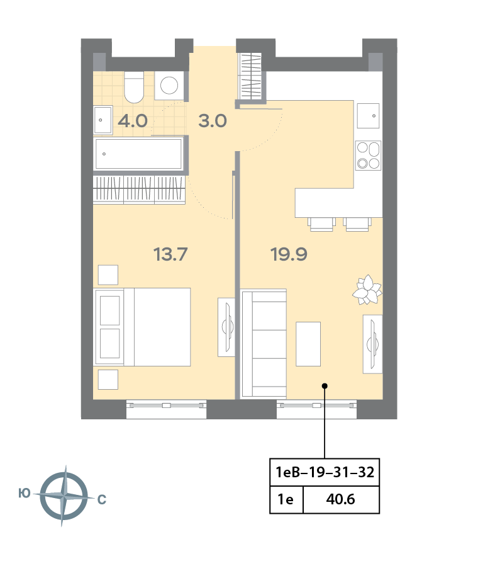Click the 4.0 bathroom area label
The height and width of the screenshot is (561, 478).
pyautogui.click(x=133, y=121)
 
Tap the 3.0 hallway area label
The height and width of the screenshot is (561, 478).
pyautogui.click(x=213, y=121)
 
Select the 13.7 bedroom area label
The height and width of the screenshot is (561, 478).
pyautogui.click(x=170, y=254)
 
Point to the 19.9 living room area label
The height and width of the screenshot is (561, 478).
pyautogui.click(x=289, y=254)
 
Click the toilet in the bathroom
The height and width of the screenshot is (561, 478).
pyautogui.click(x=134, y=87)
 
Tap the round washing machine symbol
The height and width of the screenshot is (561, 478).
pyautogui.click(x=169, y=86)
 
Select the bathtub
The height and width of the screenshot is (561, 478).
pyautogui.click(x=139, y=154)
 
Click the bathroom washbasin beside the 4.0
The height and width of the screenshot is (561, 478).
pyautogui.click(x=103, y=120)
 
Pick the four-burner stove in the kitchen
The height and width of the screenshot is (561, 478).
pyautogui.click(x=368, y=156)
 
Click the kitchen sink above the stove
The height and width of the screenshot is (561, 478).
pyautogui.click(x=368, y=116)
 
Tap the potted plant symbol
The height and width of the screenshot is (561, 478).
pyautogui.click(x=367, y=290)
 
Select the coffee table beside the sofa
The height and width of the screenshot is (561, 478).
pyautogui.click(x=308, y=344)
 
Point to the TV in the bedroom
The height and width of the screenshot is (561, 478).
pyautogui.click(x=226, y=327)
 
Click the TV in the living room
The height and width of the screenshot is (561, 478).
pyautogui.click(x=372, y=344)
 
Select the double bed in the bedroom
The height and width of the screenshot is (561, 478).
pyautogui.click(x=142, y=327)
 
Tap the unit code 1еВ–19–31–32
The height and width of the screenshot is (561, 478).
pyautogui.click(x=325, y=472)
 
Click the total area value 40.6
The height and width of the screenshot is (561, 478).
pyautogui.click(x=340, y=499)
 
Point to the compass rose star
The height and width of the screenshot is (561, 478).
pyautogui.click(x=64, y=496)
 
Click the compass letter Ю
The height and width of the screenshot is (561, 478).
pyautogui.click(x=25, y=494)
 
